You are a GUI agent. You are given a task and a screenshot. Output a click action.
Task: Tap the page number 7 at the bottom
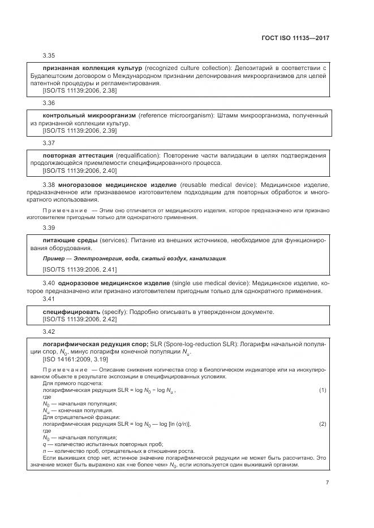327,482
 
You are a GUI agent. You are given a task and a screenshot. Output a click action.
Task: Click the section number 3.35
49,56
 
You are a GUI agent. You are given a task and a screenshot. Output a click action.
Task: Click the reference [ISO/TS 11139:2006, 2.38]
80,90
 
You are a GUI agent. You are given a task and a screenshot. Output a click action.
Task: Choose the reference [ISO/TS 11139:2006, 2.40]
80,170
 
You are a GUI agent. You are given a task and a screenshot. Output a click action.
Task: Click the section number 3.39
49,226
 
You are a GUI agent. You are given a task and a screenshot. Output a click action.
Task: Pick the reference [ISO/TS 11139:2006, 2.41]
80,269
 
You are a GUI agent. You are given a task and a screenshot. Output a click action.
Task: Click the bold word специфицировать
71,312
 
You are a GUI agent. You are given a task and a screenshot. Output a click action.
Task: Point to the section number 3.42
49,331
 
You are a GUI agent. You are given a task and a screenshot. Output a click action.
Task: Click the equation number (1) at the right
323,390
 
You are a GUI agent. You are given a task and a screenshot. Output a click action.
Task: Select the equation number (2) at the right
323,424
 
